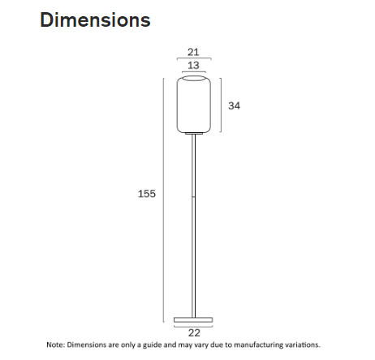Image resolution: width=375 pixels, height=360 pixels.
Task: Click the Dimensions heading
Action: click(x=95, y=19)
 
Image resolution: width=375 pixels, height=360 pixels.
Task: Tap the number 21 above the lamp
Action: click(x=193, y=51)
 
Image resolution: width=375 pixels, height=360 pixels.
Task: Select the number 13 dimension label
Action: click(x=193, y=64)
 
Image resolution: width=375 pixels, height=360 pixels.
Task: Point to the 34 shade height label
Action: click(x=235, y=105)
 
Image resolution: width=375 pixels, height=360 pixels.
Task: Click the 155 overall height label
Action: click(x=147, y=194)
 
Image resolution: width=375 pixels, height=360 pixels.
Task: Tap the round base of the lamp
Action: click(x=193, y=317)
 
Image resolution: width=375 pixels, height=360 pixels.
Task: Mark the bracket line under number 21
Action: click(x=193, y=58)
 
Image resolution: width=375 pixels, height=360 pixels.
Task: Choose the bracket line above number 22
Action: click(x=193, y=325)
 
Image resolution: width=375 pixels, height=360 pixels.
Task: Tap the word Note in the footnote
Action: click(x=54, y=345)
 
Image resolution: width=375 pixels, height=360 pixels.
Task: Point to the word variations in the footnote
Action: click(x=301, y=345)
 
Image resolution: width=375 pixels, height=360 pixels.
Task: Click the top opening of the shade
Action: click(x=193, y=79)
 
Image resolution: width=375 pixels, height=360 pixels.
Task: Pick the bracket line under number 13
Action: click(x=193, y=71)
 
